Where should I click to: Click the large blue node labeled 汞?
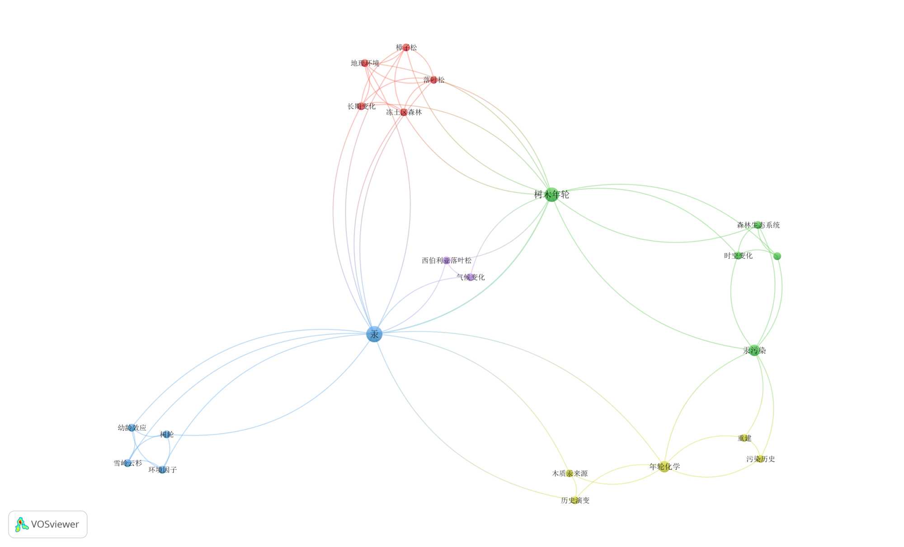pyautogui.click(x=374, y=334)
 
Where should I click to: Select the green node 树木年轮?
pyautogui.click(x=551, y=195)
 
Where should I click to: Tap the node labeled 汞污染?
pyautogui.click(x=754, y=350)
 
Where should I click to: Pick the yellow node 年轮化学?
pyautogui.click(x=664, y=467)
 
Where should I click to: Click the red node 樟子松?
pyautogui.click(x=406, y=47)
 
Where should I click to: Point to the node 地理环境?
pyautogui.click(x=364, y=63)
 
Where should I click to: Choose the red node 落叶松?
pyautogui.click(x=434, y=80)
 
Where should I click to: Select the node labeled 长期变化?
pyautogui.click(x=361, y=106)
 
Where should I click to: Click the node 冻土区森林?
pyautogui.click(x=404, y=112)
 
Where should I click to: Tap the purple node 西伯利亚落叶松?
pyautogui.click(x=447, y=260)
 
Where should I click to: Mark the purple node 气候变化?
pyautogui.click(x=471, y=277)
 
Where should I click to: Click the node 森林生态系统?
pyautogui.click(x=758, y=225)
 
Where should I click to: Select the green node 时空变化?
pyautogui.click(x=738, y=256)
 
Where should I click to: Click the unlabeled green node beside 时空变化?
pyautogui.click(x=777, y=256)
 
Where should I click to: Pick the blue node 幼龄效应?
pyautogui.click(x=132, y=427)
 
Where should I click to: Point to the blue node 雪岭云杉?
pyautogui.click(x=127, y=463)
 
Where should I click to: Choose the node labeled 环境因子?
pyautogui.click(x=162, y=470)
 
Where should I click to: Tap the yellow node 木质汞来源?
pyautogui.click(x=570, y=473)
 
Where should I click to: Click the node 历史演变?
pyautogui.click(x=575, y=500)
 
